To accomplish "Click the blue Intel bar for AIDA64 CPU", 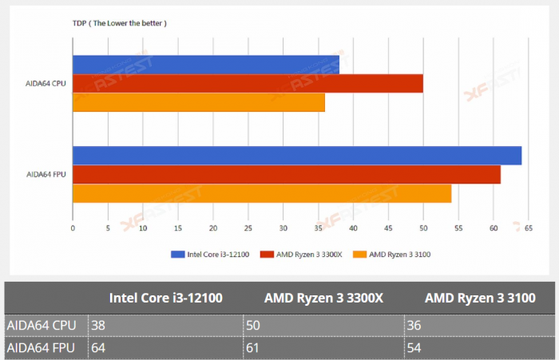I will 206,65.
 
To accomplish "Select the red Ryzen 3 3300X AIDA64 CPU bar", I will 248,84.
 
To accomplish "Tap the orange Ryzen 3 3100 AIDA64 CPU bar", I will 199,103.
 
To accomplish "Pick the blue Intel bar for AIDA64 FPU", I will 297,156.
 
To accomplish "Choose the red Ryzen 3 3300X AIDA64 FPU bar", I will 287,174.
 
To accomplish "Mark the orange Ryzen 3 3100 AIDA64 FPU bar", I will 262,193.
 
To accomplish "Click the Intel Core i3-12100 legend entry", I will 212,255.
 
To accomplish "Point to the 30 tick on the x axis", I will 283,227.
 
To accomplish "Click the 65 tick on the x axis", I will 528,227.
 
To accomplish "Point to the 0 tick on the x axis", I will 73,227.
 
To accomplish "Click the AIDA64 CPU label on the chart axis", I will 46,84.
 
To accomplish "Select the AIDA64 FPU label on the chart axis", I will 46,174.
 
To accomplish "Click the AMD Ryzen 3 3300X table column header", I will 323,298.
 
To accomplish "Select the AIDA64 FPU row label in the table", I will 42,348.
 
